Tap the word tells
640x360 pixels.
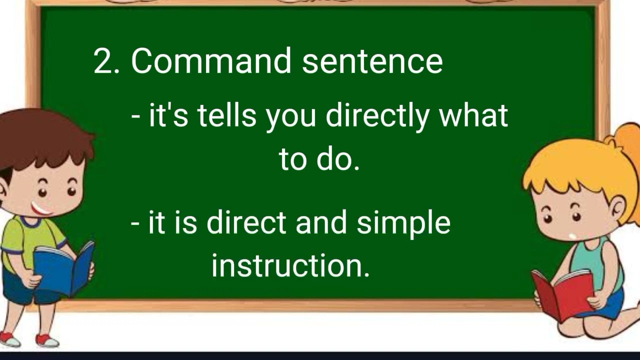point(226,116)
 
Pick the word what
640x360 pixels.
point(473,116)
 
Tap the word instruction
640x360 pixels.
point(290,265)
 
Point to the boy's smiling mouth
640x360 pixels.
point(41,208)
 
